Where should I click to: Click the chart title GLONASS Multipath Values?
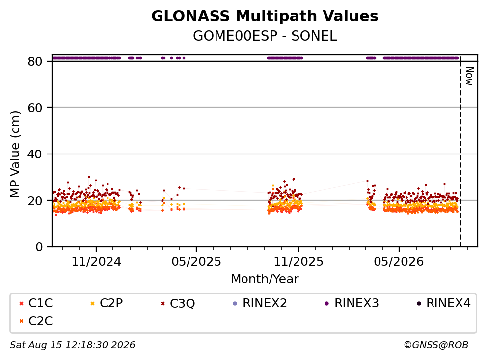[x=265, y=16]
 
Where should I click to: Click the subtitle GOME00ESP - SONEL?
[x=265, y=36]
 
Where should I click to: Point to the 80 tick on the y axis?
[x=35, y=61]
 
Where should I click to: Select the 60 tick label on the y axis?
[x=35, y=108]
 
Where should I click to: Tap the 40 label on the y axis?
[x=35, y=154]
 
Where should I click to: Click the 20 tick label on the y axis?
[x=35, y=201]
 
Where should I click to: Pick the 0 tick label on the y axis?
[x=39, y=247]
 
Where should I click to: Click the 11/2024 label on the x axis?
[x=96, y=262]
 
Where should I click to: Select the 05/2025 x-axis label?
[x=196, y=262]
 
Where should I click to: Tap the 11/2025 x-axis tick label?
[x=298, y=262]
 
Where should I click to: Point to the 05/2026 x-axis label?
[x=399, y=262]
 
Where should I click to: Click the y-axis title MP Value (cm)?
[x=15, y=154]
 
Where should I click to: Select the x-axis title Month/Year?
[x=265, y=279]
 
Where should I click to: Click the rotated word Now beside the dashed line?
[x=470, y=76]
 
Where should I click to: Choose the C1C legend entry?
[x=36, y=303]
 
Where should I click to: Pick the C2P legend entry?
[x=107, y=303]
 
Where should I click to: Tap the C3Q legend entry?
[x=178, y=303]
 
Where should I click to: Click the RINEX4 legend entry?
[x=443, y=303]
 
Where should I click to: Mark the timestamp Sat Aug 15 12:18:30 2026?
[x=73, y=345]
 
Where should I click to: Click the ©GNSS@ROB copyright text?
[x=436, y=345]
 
